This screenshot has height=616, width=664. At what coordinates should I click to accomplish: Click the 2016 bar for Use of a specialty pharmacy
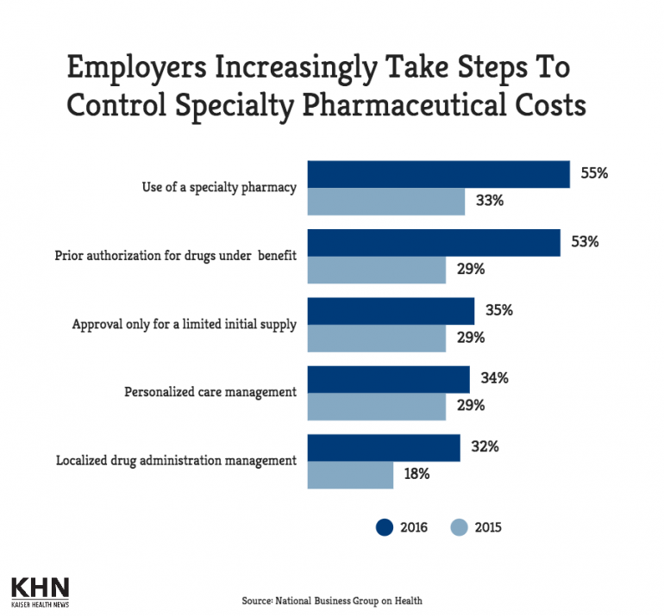[x=438, y=174]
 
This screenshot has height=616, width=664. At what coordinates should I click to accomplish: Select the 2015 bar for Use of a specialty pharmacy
[x=385, y=202]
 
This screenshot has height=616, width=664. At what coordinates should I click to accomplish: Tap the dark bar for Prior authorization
[x=434, y=242]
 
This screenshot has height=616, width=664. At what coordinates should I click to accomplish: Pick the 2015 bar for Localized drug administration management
[x=350, y=475]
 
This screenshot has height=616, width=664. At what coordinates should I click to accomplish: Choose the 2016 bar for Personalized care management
[x=388, y=379]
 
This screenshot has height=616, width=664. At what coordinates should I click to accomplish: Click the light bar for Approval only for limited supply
[x=376, y=338]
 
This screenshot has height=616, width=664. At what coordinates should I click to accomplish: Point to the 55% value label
[x=594, y=173]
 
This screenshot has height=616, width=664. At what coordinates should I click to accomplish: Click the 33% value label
[x=490, y=202]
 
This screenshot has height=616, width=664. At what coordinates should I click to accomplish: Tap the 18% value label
[x=417, y=474]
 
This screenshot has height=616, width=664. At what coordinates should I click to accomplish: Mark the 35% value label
[x=498, y=310]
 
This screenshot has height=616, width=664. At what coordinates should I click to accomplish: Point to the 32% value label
[x=485, y=447]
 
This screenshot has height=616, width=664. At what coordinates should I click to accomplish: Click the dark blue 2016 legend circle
[x=385, y=526]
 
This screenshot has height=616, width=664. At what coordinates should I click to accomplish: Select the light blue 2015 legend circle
[x=460, y=526]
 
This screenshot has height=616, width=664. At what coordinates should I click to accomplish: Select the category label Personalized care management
[x=210, y=392]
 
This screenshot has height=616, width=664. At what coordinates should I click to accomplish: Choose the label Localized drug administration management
[x=176, y=460]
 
